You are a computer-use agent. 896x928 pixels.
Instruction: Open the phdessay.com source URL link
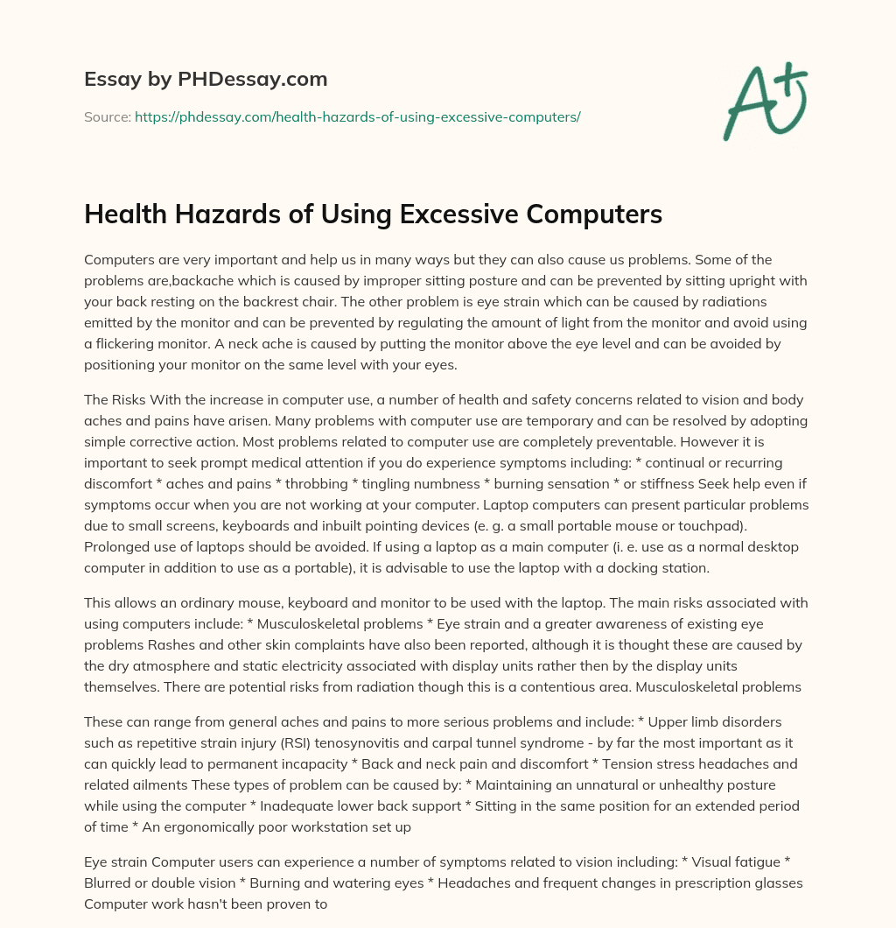357,116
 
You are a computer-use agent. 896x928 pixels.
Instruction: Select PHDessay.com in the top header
254,79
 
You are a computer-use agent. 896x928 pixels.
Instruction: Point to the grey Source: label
108,116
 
